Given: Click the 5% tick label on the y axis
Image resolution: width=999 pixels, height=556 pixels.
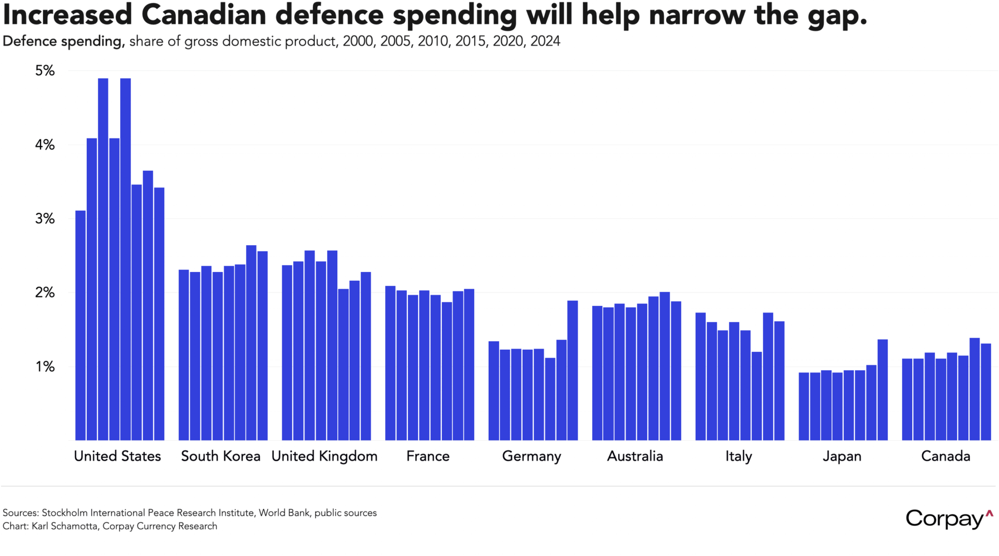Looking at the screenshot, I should [x=45, y=71].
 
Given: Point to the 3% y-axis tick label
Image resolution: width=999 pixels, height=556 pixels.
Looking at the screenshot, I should [x=45, y=219].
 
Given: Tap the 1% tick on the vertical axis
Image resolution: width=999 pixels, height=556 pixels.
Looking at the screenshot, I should [x=45, y=366].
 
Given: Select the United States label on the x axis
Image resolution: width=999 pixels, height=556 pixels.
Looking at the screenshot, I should [x=117, y=456].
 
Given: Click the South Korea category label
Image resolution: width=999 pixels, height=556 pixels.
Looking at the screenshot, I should [x=220, y=456].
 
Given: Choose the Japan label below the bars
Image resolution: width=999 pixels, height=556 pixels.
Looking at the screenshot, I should [x=842, y=456].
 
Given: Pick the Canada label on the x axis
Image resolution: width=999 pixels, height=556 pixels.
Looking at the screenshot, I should [x=946, y=456].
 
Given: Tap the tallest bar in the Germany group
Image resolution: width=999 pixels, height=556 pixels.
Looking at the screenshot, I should [x=573, y=370].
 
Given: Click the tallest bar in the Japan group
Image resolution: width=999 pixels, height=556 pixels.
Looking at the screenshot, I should [x=883, y=389].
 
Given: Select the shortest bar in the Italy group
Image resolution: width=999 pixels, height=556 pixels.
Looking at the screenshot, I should [x=756, y=396].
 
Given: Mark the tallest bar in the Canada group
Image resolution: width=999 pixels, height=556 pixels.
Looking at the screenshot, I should [x=975, y=389].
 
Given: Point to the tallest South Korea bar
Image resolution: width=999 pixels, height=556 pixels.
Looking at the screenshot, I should [x=251, y=342].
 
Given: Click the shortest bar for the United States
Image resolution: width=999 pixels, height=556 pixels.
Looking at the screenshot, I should [x=81, y=325].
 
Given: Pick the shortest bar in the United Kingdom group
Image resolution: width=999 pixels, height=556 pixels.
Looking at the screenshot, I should [x=343, y=364].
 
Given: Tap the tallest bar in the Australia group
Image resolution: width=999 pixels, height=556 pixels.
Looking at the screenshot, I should [x=665, y=366].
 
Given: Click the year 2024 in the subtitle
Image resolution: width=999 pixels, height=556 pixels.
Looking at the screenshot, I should [x=545, y=41].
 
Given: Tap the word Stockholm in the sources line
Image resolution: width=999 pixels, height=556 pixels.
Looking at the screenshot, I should [x=63, y=513].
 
